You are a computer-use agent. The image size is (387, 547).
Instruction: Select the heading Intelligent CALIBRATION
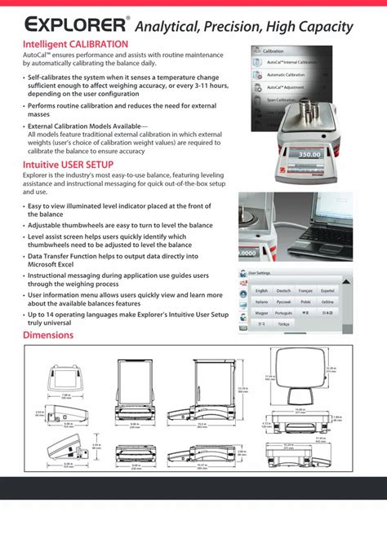tap(75, 43)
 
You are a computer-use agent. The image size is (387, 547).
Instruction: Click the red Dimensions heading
tap(48, 335)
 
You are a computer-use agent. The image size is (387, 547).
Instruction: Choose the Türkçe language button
tap(283, 324)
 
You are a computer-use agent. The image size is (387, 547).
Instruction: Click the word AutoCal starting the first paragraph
tap(35, 54)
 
